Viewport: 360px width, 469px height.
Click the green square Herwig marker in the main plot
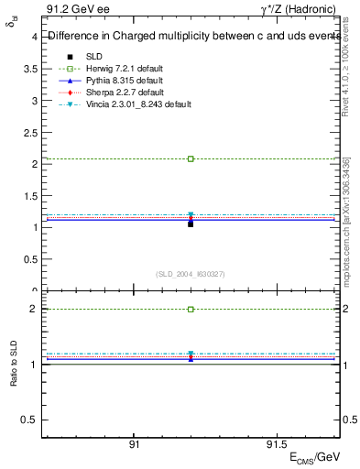(x=191, y=158)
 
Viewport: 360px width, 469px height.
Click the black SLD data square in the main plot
(x=191, y=224)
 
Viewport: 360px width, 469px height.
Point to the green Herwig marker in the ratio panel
(x=191, y=310)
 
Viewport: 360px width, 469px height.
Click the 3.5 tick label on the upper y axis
(x=30, y=69)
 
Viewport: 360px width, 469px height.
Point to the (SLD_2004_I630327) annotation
(x=191, y=274)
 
